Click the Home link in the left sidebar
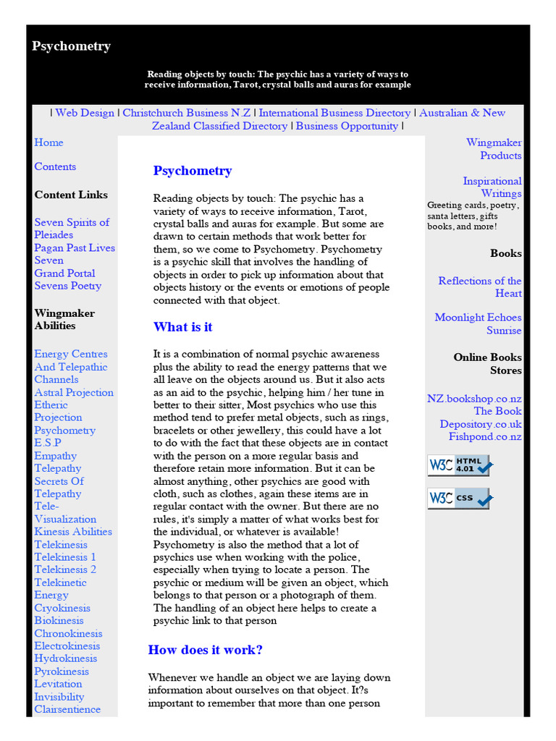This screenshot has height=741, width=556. tap(49, 143)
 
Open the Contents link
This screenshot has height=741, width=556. tap(55, 166)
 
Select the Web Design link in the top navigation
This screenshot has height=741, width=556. tap(85, 113)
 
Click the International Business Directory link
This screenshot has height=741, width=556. tap(334, 113)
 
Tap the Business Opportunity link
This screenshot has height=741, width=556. tap(347, 126)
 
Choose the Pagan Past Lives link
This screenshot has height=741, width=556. tap(75, 247)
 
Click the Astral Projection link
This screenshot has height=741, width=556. tap(74, 392)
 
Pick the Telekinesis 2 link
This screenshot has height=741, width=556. tap(65, 569)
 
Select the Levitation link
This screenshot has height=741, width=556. tap(58, 684)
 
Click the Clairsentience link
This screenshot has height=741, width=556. tap(67, 709)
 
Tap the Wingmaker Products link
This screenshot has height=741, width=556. tap(494, 149)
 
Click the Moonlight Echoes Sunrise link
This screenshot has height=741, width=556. tap(478, 323)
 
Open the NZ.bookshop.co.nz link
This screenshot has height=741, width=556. tap(474, 399)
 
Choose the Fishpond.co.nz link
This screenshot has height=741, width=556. tap(485, 437)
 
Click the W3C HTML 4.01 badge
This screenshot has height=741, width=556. tap(458, 465)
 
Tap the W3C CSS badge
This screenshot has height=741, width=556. tap(458, 499)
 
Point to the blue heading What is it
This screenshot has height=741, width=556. tap(182, 327)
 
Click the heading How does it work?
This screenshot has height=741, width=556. tap(206, 650)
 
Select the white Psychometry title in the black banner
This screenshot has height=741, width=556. tap(71, 46)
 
